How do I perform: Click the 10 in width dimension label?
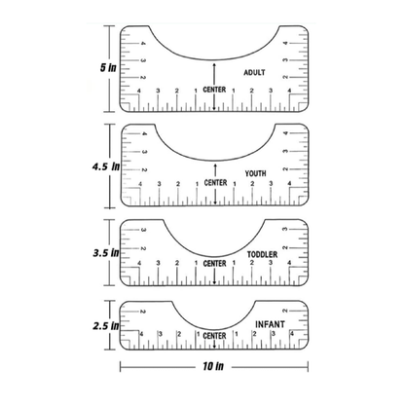(x=214, y=368)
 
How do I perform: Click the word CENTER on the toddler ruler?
(x=214, y=263)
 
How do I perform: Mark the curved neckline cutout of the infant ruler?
(x=214, y=313)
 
